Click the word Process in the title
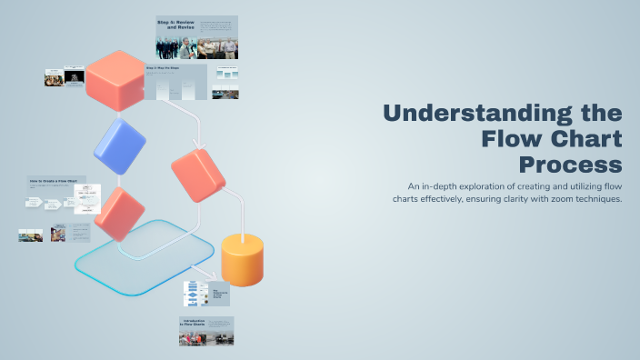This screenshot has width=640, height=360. point(571,165)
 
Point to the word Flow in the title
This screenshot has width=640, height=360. point(513,139)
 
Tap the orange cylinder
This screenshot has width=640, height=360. point(243,259)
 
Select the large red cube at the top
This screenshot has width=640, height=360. point(116,79)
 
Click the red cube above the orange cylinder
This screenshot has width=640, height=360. point(197,175)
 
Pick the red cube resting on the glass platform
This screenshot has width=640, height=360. point(119,214)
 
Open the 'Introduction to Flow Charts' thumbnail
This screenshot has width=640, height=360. point(206,331)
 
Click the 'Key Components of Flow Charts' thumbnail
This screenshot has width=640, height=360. point(206,293)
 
